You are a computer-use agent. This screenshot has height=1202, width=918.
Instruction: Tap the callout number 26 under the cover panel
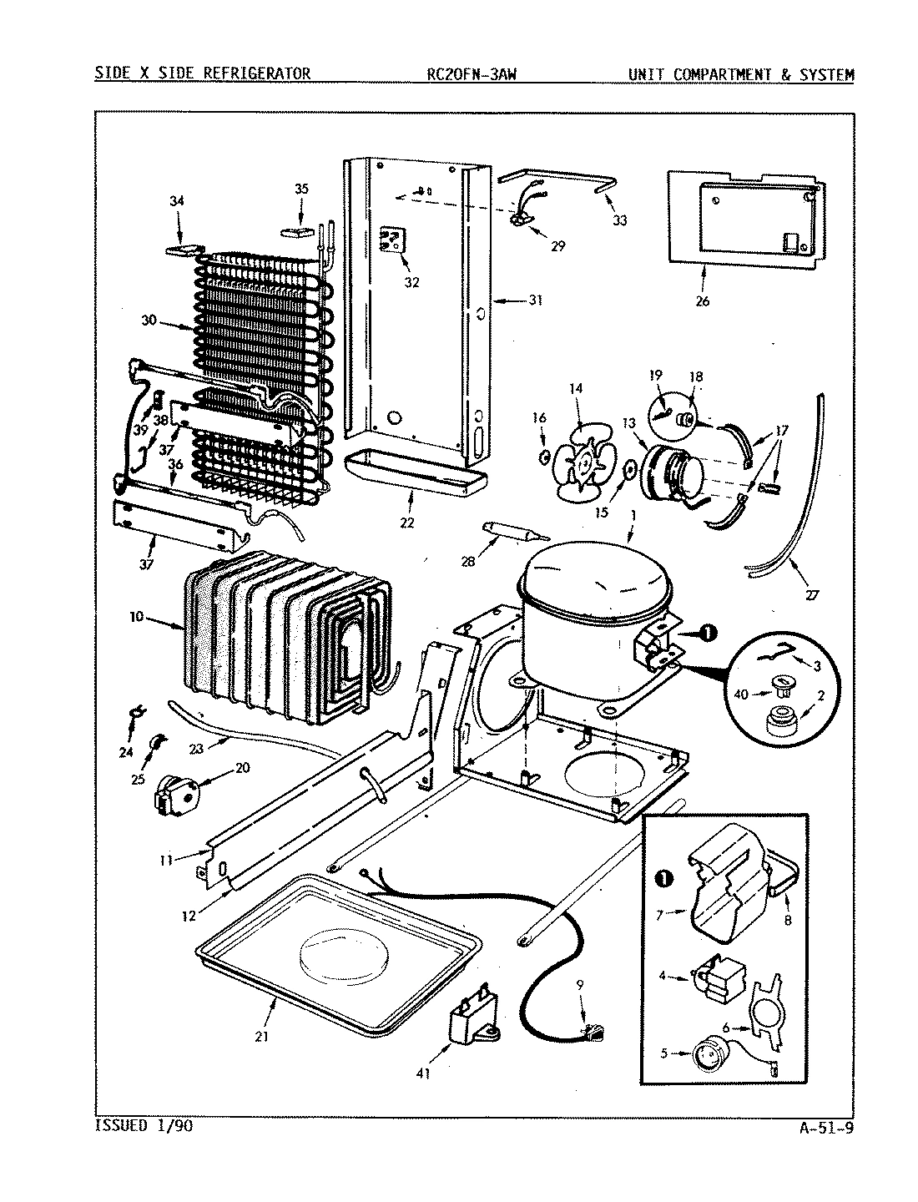pyautogui.click(x=702, y=300)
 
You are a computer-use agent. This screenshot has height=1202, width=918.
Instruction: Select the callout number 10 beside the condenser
pyautogui.click(x=136, y=617)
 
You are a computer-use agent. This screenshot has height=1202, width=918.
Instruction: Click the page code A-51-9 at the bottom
pyautogui.click(x=825, y=1131)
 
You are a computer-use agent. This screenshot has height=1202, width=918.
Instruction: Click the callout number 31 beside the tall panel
pyautogui.click(x=534, y=300)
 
